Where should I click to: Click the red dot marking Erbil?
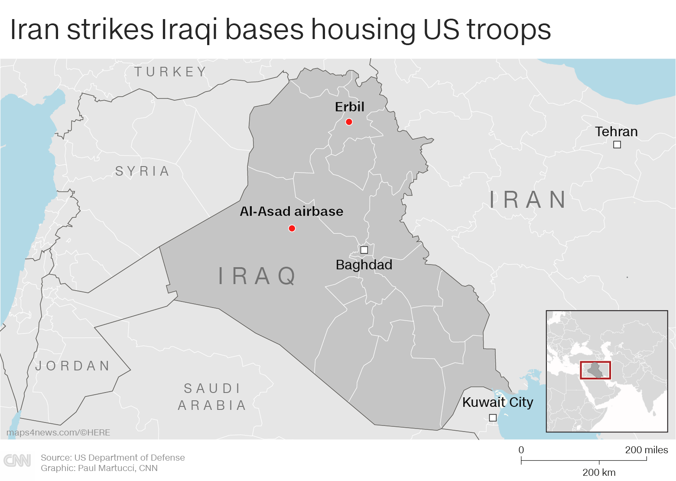349,122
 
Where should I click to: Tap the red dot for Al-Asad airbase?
292,229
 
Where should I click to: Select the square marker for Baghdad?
364,250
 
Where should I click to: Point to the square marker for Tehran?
617,145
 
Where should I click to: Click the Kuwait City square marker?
493,418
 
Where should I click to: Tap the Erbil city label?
349,107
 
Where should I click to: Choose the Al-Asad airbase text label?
291,212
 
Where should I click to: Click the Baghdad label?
364,265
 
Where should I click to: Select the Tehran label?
616,131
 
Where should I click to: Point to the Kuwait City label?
497,402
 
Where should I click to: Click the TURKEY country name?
170,72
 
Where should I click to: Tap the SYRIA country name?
143,171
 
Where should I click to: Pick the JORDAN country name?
73,366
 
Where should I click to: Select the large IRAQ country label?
257,276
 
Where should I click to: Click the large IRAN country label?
528,200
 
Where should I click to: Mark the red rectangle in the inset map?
595,370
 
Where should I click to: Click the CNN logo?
17,461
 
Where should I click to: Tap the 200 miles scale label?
646,450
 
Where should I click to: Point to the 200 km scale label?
599,472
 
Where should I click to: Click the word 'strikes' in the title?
110,29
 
